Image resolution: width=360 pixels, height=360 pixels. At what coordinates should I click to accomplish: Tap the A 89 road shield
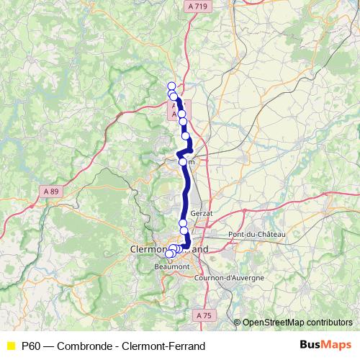click(50, 191)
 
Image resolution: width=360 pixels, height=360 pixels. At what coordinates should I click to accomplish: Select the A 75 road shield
click(204, 315)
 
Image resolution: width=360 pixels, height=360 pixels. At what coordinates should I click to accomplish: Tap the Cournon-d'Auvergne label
click(230, 277)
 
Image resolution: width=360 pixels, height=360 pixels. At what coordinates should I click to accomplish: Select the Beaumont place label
click(171, 266)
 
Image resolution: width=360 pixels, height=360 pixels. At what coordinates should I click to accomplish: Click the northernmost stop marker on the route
click(171, 86)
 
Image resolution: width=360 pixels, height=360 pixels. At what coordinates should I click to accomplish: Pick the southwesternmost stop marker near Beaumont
click(169, 253)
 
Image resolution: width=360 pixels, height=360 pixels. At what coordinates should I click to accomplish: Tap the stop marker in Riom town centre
click(183, 162)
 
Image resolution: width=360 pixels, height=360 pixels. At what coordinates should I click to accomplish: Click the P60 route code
click(31, 346)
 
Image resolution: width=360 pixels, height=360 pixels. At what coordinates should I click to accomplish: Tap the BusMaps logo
click(325, 346)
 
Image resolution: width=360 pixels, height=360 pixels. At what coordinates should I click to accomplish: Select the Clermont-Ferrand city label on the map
click(169, 248)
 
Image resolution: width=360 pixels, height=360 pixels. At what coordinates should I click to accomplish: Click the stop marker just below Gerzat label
click(183, 223)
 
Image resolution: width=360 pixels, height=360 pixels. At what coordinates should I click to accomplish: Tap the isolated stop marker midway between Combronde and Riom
click(186, 135)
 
